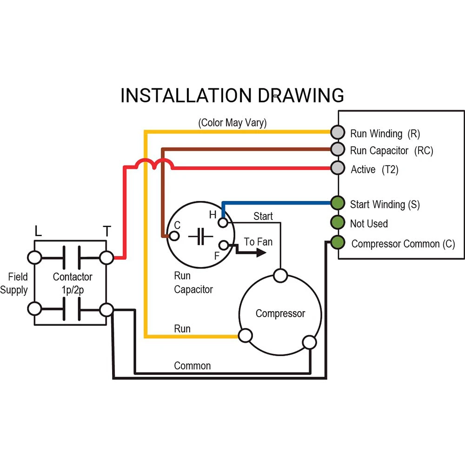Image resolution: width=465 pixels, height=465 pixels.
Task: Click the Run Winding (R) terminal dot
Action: point(337,132)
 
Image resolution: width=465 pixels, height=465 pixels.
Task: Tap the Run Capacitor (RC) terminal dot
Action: point(337,149)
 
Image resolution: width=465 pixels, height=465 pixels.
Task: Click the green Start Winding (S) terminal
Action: point(337,203)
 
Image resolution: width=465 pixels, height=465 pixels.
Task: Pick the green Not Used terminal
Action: point(337,222)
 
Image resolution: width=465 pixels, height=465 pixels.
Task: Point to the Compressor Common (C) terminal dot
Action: point(337,242)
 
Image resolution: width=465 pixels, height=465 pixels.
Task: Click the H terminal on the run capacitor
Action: point(223,223)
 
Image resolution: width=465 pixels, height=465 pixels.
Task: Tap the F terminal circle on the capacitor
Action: point(223,245)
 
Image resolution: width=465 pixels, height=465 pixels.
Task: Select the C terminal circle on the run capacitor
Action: point(174,236)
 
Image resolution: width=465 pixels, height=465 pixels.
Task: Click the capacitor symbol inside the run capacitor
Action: point(200,236)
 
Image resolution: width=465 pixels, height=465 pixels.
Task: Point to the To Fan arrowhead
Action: point(261,253)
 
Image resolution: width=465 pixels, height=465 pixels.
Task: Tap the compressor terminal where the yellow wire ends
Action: point(245,336)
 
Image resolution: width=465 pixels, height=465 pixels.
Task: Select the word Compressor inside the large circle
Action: point(280,313)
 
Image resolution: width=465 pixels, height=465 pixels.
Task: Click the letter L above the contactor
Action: point(38,231)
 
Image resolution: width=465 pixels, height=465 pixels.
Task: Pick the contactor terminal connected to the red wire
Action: point(106,257)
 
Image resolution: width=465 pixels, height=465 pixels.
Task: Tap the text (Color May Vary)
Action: point(232,123)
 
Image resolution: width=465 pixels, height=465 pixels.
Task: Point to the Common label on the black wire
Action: point(192,366)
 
